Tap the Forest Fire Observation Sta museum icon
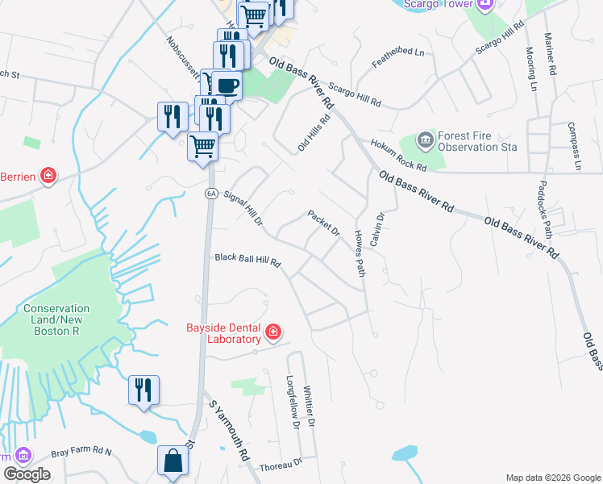click(425, 141)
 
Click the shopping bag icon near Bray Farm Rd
click(173, 462)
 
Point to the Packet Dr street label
click(324, 223)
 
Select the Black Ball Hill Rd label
click(247, 260)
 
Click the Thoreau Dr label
click(281, 465)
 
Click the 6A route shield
click(211, 194)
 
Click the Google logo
click(27, 474)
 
